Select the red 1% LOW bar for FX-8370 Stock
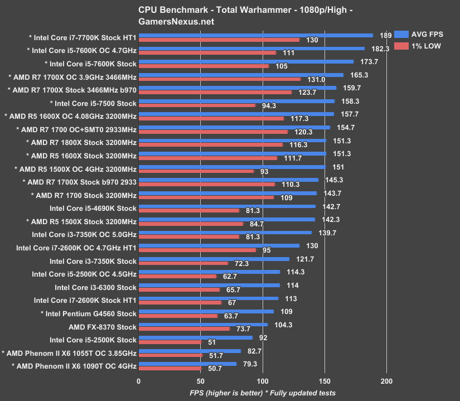pos(184,329)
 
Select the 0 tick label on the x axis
pos(139,381)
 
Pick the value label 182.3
pos(376,49)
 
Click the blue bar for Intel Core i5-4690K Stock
pos(227,206)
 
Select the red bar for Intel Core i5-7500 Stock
pos(197,105)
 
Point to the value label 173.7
pos(365,61)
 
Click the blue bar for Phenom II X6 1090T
pos(187,364)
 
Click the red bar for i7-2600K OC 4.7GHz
pos(197,250)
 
